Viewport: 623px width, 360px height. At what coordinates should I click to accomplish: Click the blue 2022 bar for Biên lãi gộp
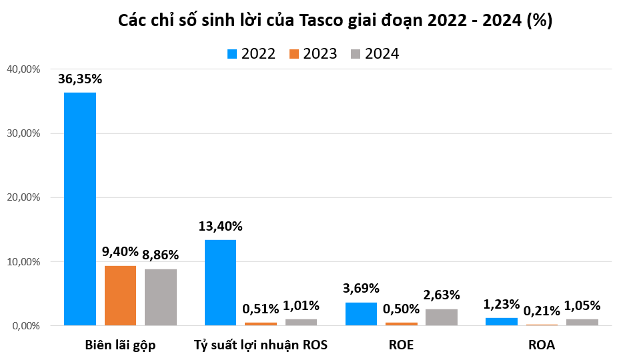[80, 209]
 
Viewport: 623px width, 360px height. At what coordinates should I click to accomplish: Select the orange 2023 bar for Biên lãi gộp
[120, 295]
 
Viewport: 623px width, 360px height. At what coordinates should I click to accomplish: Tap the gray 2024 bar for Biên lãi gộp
[160, 297]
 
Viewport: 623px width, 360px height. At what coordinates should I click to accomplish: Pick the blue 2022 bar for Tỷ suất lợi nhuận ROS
[220, 283]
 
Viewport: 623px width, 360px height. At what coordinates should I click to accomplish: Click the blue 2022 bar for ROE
[361, 314]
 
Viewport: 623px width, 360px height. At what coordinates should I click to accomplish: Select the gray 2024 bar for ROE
[442, 317]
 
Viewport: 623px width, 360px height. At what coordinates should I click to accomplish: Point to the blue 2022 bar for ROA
[502, 322]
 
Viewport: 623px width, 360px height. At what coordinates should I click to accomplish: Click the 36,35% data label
[80, 79]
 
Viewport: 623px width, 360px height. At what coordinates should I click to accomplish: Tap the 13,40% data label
[220, 226]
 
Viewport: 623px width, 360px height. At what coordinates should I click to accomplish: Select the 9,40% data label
[120, 252]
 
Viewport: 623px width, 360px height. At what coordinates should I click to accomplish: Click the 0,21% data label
[542, 311]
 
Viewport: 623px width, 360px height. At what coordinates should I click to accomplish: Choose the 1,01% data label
[301, 306]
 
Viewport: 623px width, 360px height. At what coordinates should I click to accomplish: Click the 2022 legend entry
[251, 54]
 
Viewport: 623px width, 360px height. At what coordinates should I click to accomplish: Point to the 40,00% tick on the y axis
[23, 69]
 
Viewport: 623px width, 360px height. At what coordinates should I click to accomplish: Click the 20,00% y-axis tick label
[23, 197]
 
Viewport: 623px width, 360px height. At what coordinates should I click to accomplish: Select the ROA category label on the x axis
[542, 345]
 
